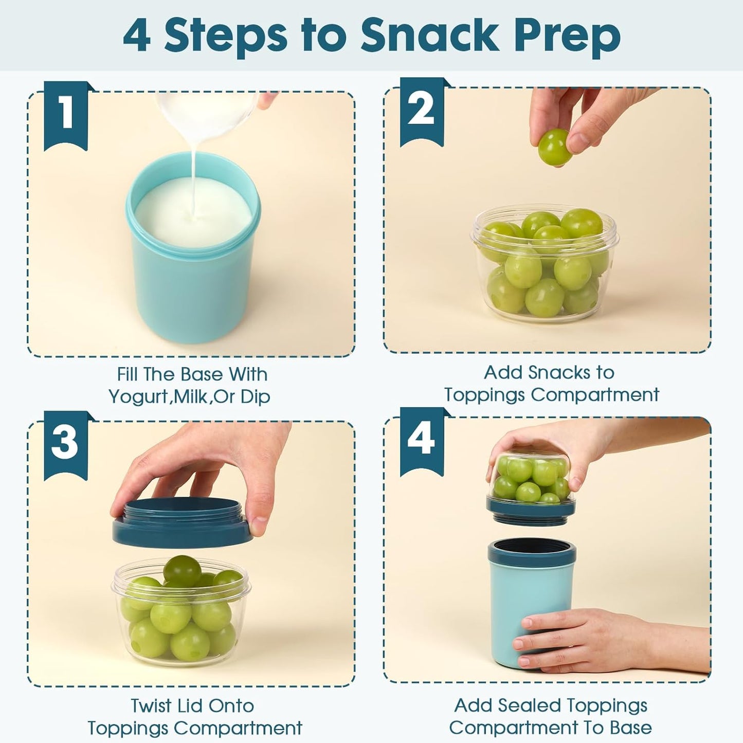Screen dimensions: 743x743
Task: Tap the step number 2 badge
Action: (422, 111)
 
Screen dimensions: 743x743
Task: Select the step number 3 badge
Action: (65, 444)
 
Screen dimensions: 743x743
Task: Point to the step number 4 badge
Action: (422, 441)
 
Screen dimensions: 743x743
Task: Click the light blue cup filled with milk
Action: (193, 278)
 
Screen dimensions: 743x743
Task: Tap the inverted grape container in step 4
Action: (531, 483)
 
